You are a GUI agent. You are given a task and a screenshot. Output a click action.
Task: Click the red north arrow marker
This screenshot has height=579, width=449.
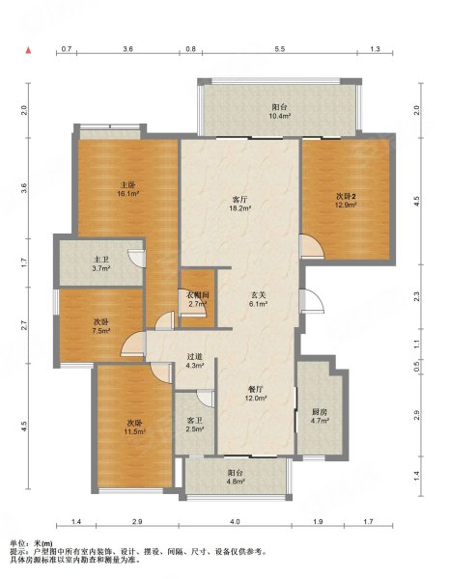tap(28, 50)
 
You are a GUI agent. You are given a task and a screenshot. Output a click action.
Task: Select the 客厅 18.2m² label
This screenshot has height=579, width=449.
tap(239, 204)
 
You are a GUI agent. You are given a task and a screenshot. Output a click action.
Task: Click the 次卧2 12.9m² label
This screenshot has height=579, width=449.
tap(346, 200)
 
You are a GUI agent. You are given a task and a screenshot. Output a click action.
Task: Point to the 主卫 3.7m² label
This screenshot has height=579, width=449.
tap(100, 264)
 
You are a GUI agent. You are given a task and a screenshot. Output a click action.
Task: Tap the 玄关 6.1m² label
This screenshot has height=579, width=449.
tap(259, 299)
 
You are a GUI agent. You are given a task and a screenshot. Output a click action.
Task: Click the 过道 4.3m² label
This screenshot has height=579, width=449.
tap(195, 361)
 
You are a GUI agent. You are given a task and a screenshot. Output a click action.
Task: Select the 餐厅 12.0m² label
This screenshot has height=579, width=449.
tap(256, 394)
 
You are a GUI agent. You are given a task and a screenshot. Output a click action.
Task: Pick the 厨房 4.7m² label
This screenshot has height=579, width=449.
tap(320, 416)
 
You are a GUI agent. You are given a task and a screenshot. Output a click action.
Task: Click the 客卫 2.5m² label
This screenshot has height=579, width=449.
tap(195, 425)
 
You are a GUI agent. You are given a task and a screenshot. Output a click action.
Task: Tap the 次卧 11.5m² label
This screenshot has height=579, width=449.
tap(135, 427)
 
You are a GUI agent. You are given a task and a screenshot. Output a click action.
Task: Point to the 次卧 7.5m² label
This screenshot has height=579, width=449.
tap(100, 326)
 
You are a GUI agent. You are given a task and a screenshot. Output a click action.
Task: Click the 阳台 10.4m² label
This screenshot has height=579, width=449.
tap(279, 111)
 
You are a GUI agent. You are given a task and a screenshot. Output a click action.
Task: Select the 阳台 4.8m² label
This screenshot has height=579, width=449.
tap(236, 477)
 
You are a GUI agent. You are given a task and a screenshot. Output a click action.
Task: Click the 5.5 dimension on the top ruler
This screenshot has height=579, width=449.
tap(280, 49)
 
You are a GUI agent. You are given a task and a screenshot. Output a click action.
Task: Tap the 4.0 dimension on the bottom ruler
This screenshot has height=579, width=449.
tap(235, 521)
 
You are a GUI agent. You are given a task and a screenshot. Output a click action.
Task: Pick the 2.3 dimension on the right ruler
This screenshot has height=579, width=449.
tap(416, 296)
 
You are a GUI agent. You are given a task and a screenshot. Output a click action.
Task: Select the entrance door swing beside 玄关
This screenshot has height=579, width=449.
tap(313, 301)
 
